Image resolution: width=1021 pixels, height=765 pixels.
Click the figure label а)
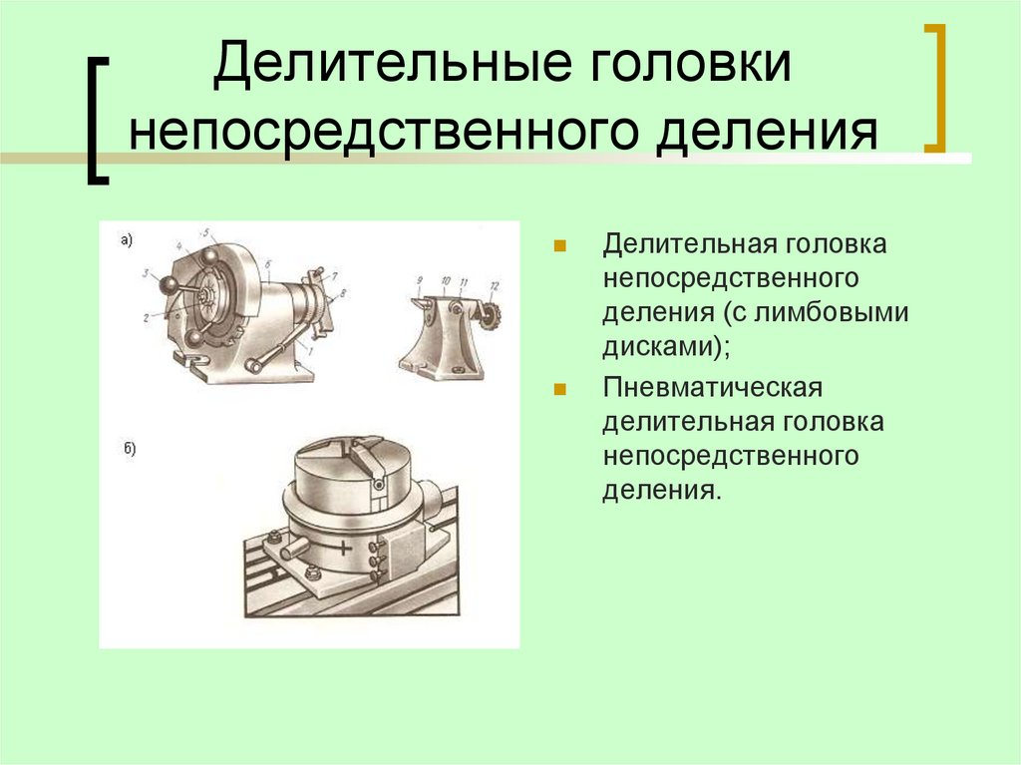pos(127,239)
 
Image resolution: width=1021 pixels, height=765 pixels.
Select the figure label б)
pos(129,450)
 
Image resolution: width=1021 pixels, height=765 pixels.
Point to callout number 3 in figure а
pos(145,273)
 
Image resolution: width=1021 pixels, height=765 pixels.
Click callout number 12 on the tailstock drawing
pos(492,287)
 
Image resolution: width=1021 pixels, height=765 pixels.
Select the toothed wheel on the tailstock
pos(488,317)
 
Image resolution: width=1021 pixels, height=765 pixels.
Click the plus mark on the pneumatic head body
pos(345,548)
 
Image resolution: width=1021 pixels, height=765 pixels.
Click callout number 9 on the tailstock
pos(420,280)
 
